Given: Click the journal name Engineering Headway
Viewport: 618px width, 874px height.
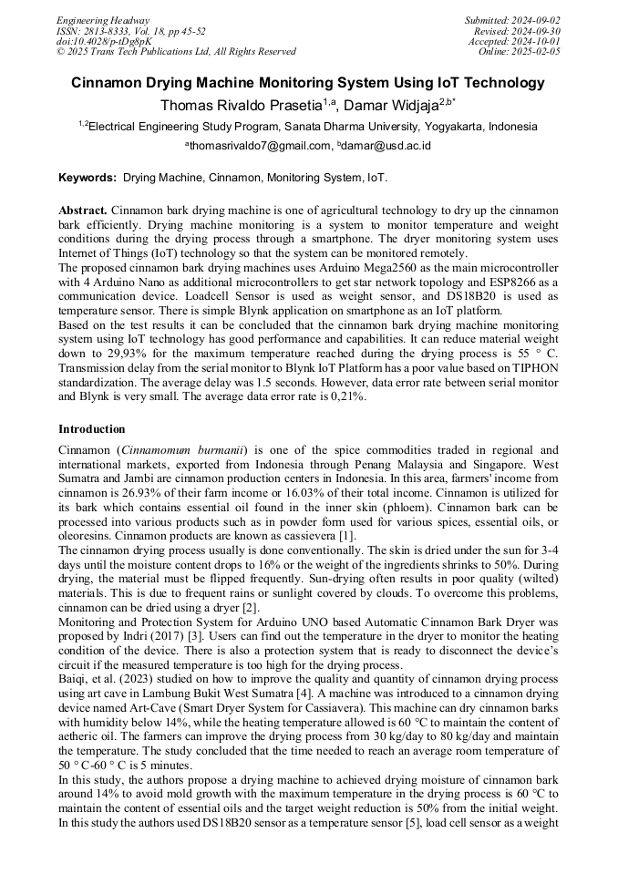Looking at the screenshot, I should [x=103, y=20].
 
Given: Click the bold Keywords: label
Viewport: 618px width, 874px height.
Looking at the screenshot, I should [x=88, y=178].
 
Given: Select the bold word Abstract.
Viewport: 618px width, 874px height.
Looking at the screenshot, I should [x=84, y=209].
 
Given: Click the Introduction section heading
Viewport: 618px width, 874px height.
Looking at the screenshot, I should [x=92, y=428].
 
